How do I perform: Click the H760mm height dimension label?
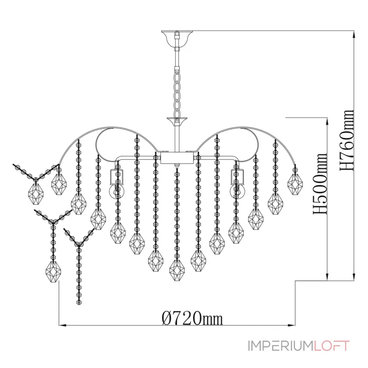(x=347, y=140)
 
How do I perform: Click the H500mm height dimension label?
(x=320, y=184)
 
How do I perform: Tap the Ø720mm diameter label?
(x=192, y=318)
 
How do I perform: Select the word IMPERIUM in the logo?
(x=281, y=346)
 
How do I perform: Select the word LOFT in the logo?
(x=332, y=346)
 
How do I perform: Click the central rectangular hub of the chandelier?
(x=177, y=157)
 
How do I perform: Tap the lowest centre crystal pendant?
(x=177, y=270)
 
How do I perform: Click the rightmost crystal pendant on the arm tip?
(x=295, y=184)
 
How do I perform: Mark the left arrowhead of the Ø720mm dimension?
(x=62, y=325)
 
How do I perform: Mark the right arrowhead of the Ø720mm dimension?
(x=292, y=325)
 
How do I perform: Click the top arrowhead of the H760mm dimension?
(x=354, y=34)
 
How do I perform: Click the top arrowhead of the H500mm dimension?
(x=327, y=121)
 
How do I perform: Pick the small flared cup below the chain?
(x=177, y=121)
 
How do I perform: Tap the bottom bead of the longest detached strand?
(x=79, y=302)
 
